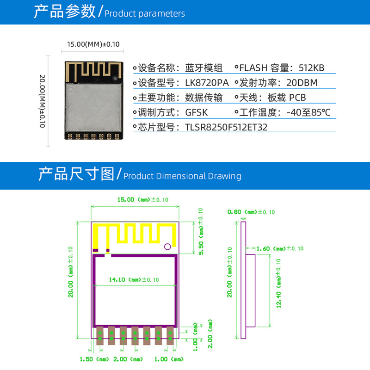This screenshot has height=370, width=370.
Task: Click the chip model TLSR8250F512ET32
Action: [x=226, y=128]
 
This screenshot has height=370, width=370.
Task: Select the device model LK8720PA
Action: [x=207, y=83]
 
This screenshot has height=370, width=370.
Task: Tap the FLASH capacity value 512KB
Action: [x=311, y=68]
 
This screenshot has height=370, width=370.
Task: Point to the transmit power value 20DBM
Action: [x=302, y=83]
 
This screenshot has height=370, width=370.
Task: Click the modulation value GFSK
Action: [x=196, y=112]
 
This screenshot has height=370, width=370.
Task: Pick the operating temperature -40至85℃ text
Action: [x=308, y=112]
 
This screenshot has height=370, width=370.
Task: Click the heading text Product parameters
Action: [x=145, y=14]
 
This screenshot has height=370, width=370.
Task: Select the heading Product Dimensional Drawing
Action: [x=182, y=176]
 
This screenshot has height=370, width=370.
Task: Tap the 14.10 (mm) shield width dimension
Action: [x=134, y=280]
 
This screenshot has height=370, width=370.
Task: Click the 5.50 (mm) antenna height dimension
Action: [x=201, y=232]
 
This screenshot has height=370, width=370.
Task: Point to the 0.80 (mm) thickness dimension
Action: [x=251, y=212]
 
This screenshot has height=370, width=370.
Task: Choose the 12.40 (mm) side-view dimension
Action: [x=278, y=283]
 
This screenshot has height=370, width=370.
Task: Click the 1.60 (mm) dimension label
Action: [x=280, y=249]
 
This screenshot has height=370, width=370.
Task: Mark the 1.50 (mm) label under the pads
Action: [x=94, y=359]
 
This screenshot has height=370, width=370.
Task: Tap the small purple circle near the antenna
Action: [x=167, y=247]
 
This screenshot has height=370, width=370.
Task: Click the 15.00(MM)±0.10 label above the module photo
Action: [x=93, y=44]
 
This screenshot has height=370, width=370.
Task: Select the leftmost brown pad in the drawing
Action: [x=100, y=336]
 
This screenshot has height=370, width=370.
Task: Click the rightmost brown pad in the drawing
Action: [x=170, y=336]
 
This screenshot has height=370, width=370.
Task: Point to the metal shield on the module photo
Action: [x=93, y=107]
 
